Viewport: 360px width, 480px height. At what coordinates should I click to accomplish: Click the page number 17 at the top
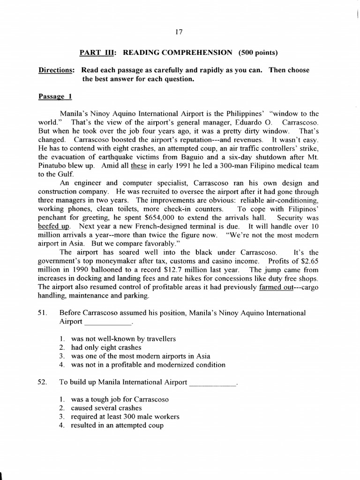pyautogui.click(x=178, y=32)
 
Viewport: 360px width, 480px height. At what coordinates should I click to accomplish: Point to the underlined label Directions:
pyautogui.click(x=56, y=70)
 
